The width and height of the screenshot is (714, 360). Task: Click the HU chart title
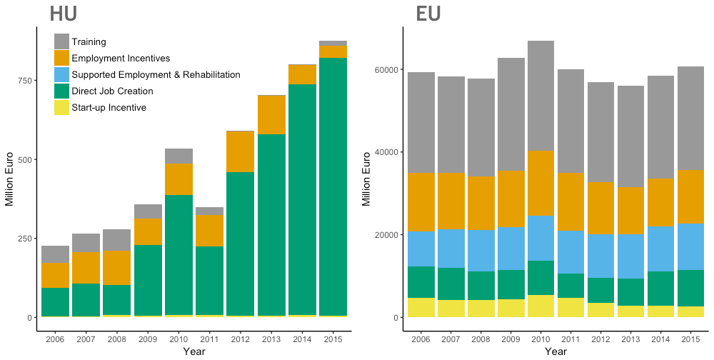[64, 14]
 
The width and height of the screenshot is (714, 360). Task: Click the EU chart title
[428, 14]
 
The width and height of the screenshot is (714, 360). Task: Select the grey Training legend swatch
[62, 42]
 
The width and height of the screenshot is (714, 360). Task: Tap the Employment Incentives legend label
[121, 58]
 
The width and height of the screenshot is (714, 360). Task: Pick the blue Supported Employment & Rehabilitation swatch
[62, 74]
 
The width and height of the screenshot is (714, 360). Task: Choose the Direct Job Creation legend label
[112, 91]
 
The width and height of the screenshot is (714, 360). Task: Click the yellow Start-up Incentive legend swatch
[62, 107]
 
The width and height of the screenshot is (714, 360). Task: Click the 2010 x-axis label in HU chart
[178, 338]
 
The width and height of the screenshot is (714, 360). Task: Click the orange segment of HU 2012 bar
[240, 151]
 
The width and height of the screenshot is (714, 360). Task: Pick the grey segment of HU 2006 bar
[55, 254]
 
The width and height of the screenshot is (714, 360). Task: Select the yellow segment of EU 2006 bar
[421, 307]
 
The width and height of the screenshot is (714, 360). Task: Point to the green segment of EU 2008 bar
[481, 286]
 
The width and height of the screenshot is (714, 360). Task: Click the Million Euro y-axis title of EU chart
[366, 179]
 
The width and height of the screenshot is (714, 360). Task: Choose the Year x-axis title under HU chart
[193, 351]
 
